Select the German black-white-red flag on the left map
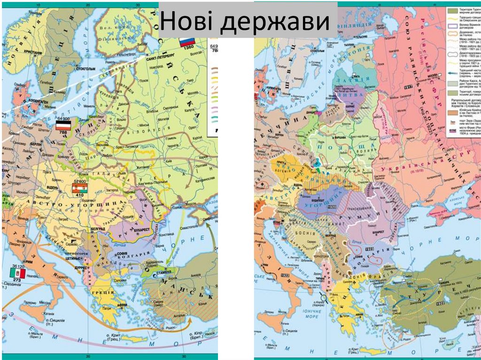tap(62, 125)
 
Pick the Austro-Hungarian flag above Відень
tap(78, 188)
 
